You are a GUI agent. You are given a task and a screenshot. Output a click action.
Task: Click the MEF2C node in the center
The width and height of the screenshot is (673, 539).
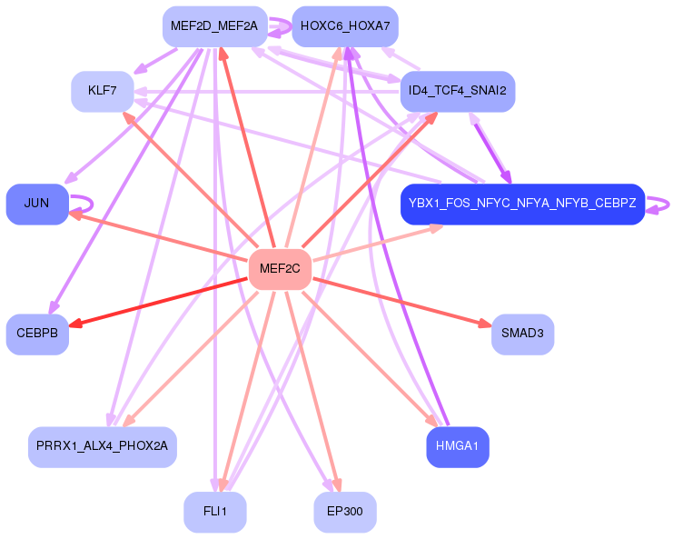pyautogui.click(x=281, y=269)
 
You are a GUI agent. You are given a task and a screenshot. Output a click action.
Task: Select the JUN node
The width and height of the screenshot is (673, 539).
pyautogui.click(x=37, y=204)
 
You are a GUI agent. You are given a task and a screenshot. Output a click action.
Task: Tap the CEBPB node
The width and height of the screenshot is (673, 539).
pyautogui.click(x=37, y=334)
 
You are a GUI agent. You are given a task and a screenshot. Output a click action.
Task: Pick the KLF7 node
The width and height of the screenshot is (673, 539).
pyautogui.click(x=102, y=92)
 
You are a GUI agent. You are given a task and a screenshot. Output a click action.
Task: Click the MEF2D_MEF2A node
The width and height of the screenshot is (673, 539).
pyautogui.click(x=215, y=26)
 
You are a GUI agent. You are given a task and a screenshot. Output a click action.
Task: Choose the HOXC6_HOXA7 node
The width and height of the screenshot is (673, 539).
pyautogui.click(x=345, y=26)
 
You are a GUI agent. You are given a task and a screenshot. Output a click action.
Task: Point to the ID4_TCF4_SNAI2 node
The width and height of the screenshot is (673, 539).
pyautogui.click(x=458, y=92)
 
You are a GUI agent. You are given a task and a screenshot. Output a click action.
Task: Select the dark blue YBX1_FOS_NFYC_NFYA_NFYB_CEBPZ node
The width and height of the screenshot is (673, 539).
pyautogui.click(x=523, y=204)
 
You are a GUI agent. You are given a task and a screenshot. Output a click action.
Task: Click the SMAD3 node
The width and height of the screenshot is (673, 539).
pyautogui.click(x=523, y=334)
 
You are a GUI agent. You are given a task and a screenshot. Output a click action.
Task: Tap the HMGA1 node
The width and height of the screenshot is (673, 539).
pyautogui.click(x=458, y=446)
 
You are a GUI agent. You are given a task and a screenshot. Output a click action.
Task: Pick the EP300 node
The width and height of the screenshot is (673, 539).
pyautogui.click(x=345, y=512)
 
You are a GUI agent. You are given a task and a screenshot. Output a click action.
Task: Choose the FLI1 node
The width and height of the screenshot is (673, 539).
pyautogui.click(x=215, y=512)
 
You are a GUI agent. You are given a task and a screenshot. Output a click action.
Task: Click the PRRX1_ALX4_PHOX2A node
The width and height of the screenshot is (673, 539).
pyautogui.click(x=102, y=446)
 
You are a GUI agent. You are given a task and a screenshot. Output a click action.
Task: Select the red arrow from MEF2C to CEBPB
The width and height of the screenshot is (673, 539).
pyautogui.click(x=158, y=302)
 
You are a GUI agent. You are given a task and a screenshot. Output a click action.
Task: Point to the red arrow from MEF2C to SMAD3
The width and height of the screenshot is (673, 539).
pyautogui.click(x=402, y=302)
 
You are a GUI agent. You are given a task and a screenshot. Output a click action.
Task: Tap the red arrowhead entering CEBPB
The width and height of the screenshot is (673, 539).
pyautogui.click(x=75, y=324)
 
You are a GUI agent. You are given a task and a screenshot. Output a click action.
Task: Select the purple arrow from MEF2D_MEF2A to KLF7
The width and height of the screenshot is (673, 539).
pyautogui.click(x=156, y=61)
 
